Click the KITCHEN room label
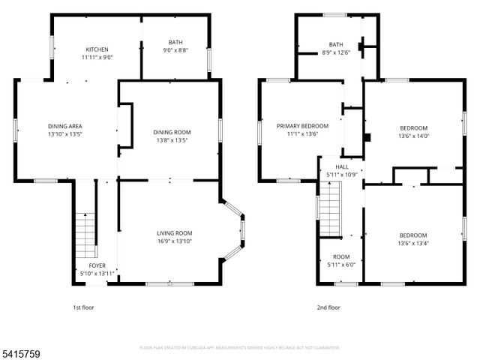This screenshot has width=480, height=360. click(x=97, y=47)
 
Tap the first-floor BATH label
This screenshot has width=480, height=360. click(x=175, y=43)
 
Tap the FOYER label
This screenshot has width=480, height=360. click(x=97, y=265)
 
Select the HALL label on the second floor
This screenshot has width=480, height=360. click(x=342, y=167)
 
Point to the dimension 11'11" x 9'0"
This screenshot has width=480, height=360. click(x=97, y=57)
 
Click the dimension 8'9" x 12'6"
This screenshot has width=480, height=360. click(x=336, y=52)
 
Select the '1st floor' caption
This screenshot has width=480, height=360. click(x=83, y=307)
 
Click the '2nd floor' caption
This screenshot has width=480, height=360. click(x=328, y=307)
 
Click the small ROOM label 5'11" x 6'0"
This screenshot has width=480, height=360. click(x=341, y=260)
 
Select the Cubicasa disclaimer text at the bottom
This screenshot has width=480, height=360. click(x=240, y=347)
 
